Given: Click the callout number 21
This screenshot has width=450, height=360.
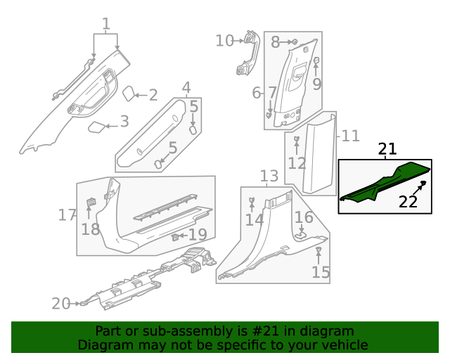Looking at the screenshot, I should (387, 149).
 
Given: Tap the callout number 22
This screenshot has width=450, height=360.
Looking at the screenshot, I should (408, 202).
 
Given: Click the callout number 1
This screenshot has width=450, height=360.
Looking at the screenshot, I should (106, 25).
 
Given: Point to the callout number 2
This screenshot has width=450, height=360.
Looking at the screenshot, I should (153, 95).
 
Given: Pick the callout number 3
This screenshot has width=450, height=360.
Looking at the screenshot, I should (124, 122).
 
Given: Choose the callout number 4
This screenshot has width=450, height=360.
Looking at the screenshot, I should (186, 88).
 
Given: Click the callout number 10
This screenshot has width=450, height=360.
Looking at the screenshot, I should (224, 41).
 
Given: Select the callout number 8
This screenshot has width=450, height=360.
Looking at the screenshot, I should (275, 42).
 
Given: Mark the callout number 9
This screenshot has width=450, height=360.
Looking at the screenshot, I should (317, 84).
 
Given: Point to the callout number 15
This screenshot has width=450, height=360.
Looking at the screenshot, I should (321, 272).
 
